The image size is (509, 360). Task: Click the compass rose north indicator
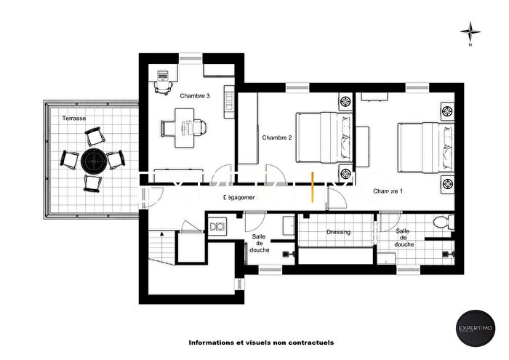(471, 31)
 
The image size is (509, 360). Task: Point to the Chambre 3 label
(195, 95)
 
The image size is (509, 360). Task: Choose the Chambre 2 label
(277, 137)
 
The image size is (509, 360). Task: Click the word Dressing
(338, 232)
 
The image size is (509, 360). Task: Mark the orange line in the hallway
(312, 185)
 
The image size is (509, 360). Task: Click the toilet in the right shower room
(440, 223)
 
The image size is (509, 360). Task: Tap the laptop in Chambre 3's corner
(161, 75)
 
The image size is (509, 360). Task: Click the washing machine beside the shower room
(215, 228)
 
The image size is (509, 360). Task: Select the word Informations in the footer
(211, 342)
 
